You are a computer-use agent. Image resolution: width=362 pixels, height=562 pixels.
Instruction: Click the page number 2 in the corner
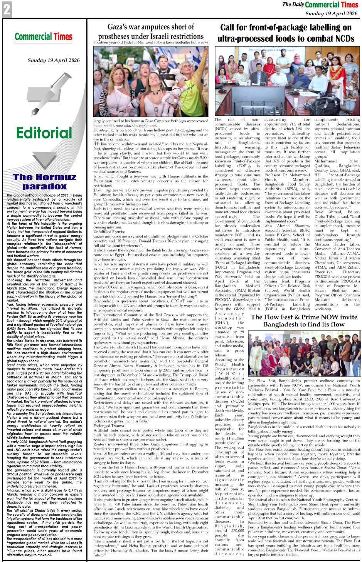click(x=7, y=10)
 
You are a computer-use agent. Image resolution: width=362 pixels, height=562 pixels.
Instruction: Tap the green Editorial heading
click(x=44, y=133)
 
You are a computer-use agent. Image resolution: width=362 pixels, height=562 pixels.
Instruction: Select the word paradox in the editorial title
click(x=44, y=186)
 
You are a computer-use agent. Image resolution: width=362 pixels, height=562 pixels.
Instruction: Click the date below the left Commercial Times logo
click(x=54, y=60)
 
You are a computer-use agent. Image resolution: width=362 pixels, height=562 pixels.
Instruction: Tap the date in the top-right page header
click(x=331, y=13)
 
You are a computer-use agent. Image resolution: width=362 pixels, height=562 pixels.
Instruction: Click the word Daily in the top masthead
click(x=298, y=5)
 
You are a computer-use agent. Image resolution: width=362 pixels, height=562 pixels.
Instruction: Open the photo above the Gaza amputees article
click(x=151, y=81)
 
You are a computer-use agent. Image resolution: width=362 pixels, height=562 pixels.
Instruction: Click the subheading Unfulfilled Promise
click(x=109, y=232)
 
